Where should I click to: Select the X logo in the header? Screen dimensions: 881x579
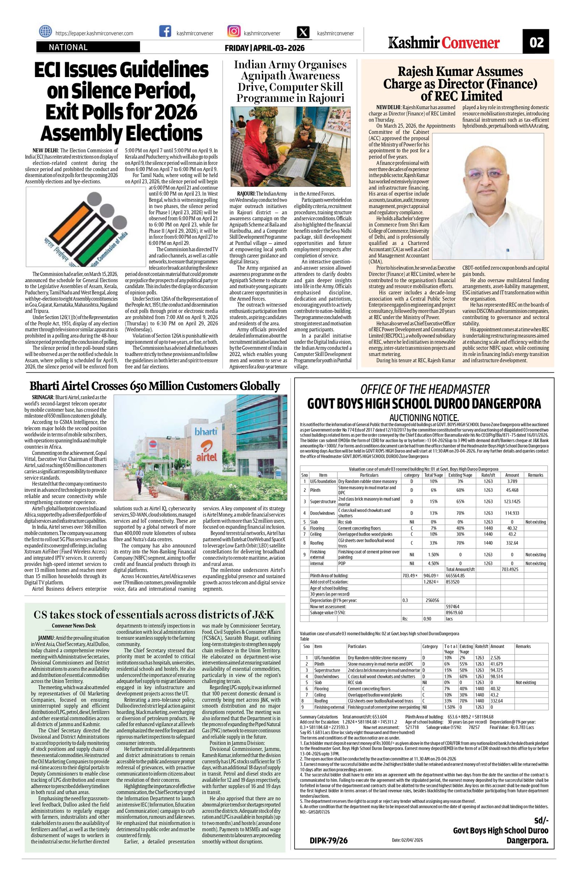pyautogui.click(x=303, y=33)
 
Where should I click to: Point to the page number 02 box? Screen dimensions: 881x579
pyautogui.click(x=536, y=43)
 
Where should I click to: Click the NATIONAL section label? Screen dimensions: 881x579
pyautogui.click(x=68, y=47)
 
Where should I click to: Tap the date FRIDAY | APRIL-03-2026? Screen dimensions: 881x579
pyautogui.click(x=264, y=48)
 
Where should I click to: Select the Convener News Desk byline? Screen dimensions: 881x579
pyautogui.click(x=74, y=626)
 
